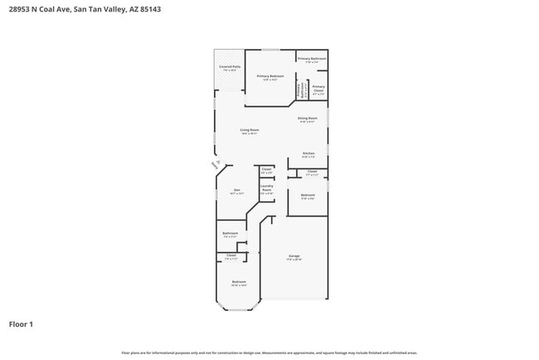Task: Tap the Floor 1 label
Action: pyautogui.click(x=22, y=324)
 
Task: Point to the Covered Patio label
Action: pyautogui.click(x=230, y=67)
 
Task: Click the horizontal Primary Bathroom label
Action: pyautogui.click(x=312, y=59)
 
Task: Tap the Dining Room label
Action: pyautogui.click(x=307, y=119)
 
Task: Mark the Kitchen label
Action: pyautogui.click(x=308, y=153)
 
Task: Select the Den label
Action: pyautogui.click(x=236, y=190)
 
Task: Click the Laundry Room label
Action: pyautogui.click(x=266, y=187)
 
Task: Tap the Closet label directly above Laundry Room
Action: pyautogui.click(x=266, y=170)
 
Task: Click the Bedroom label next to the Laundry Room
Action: pyautogui.click(x=307, y=196)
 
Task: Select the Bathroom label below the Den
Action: pyautogui.click(x=231, y=234)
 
